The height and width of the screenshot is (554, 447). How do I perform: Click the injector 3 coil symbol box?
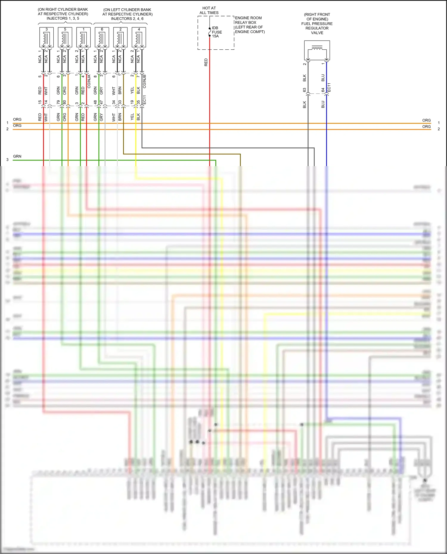(x=46, y=38)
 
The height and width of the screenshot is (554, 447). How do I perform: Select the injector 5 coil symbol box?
(x=65, y=38)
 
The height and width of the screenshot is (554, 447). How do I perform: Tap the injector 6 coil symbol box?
(x=102, y=38)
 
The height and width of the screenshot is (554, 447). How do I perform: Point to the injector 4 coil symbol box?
(x=139, y=38)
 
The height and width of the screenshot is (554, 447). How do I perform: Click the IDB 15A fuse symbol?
(x=210, y=32)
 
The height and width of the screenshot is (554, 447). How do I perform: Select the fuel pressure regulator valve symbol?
(x=317, y=50)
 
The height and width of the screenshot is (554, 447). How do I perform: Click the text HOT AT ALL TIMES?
(x=209, y=10)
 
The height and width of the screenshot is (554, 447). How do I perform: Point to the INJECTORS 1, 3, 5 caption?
(x=63, y=18)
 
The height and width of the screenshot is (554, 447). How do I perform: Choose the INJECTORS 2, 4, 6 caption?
(x=127, y=19)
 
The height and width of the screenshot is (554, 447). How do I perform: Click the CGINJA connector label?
(x=89, y=81)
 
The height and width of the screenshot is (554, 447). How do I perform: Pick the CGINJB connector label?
(x=145, y=81)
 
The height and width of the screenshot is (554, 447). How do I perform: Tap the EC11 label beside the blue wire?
(x=329, y=87)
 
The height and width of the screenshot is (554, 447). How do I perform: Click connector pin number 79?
(x=58, y=102)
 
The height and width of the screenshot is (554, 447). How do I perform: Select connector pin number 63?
(x=305, y=90)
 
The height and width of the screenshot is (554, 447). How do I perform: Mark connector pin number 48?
(x=95, y=102)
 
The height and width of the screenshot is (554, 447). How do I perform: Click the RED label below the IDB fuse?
(x=206, y=62)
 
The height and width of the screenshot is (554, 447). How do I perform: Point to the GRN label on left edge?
(x=17, y=156)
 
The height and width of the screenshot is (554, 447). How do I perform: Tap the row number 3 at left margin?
(x=7, y=160)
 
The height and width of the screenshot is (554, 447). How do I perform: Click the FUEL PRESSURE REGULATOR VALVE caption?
(x=317, y=24)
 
